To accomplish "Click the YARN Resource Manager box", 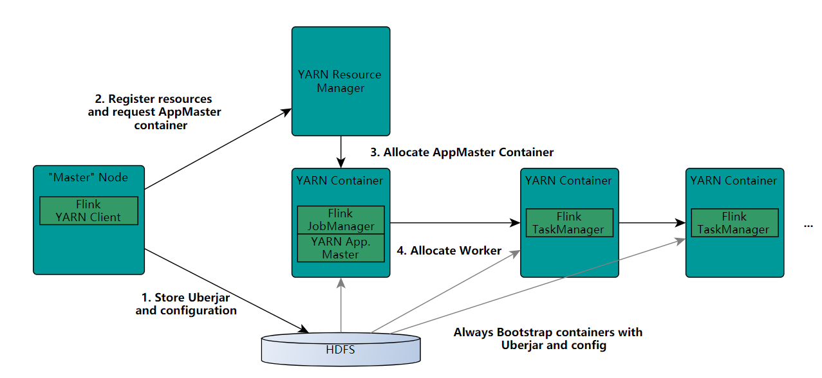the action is coord(341,81).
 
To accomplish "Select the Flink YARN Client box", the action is coord(89,211).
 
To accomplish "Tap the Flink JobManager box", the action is coord(341,220).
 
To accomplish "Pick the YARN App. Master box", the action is coord(341,248).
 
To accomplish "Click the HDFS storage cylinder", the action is coord(341,349).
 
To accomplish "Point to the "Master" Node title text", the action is coord(88,177).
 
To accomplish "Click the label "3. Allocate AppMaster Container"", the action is coord(462,152).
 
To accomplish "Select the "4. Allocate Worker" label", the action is coord(449,251).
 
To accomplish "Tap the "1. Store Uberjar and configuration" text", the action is coord(186,304).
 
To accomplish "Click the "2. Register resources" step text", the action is coord(153,99).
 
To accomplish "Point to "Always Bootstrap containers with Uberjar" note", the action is coord(548,338).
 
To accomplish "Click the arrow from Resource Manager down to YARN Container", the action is coord(341,152).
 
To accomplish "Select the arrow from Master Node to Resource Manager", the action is coord(218,149).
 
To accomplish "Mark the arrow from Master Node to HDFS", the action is coord(227,291).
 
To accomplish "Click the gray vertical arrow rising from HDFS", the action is coord(341,305).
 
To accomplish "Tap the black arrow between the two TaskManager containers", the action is coord(652,222).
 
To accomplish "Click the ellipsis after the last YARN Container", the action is coord(808,226).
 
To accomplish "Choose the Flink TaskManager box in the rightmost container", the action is coord(734,223).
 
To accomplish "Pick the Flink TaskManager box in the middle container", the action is coord(570,223).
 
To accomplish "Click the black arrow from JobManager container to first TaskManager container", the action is coord(455,222).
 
